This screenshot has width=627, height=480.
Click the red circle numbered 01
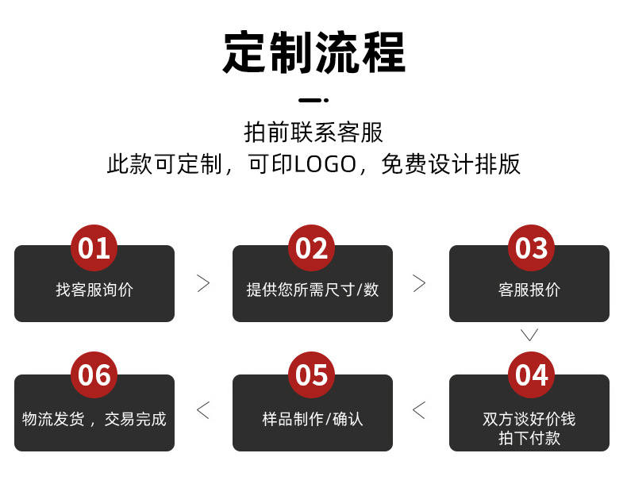tap(94, 248)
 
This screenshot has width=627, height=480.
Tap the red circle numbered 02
tap(312, 248)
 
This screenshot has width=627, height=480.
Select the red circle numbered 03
tap(531, 248)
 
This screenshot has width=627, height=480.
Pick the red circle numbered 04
tap(531, 375)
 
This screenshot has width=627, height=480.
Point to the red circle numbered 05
tap(312, 375)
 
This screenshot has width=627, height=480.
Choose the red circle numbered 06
tap(94, 375)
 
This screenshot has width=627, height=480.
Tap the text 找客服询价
tap(94, 290)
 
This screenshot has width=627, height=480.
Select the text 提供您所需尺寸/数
tap(312, 290)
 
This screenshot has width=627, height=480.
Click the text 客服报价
tap(529, 290)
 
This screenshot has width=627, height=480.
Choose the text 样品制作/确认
tap(312, 419)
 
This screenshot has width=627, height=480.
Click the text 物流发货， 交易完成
tap(94, 419)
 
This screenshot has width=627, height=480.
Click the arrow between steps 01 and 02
tap(203, 283)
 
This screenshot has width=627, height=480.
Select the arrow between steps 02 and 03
tap(420, 283)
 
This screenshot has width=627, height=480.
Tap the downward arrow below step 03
tap(529, 335)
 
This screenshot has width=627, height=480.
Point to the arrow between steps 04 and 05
tap(420, 410)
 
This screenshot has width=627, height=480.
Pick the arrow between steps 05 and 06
tap(203, 410)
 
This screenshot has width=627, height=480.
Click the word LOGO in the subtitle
tap(325, 164)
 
